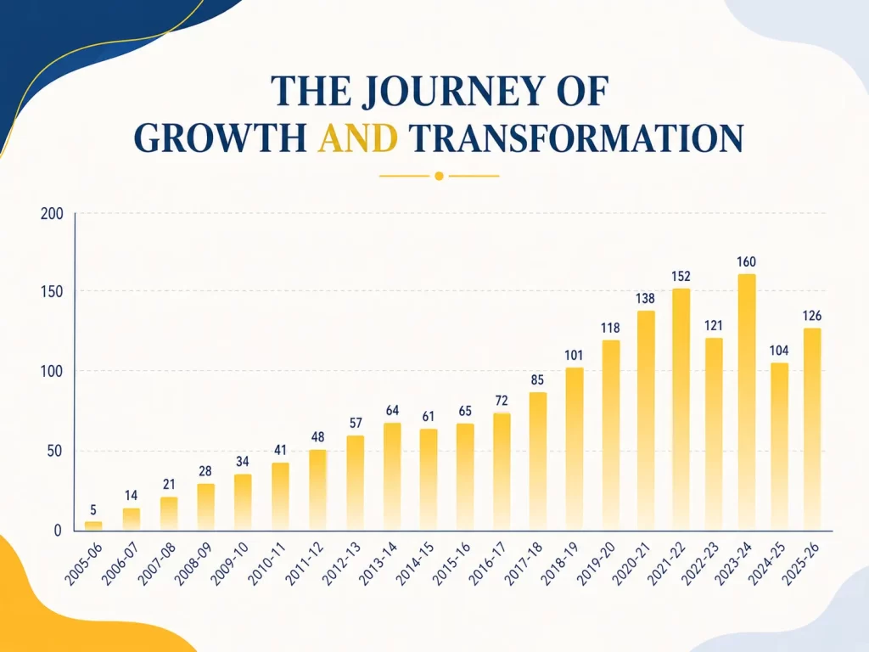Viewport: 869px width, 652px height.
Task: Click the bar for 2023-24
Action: pyautogui.click(x=747, y=402)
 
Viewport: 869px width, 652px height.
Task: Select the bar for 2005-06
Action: pyautogui.click(x=93, y=526)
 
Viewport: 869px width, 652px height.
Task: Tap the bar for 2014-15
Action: pyautogui.click(x=429, y=480)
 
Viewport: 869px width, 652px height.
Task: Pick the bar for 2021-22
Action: pyautogui.click(x=681, y=409)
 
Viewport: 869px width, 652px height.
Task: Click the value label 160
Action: pyautogui.click(x=746, y=261)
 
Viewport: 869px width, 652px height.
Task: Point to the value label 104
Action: pyautogui.click(x=779, y=351)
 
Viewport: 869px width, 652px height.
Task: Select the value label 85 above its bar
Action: pyautogui.click(x=537, y=379)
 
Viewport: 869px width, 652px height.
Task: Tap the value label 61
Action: pyautogui.click(x=428, y=416)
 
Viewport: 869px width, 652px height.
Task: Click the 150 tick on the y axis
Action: pyautogui.click(x=52, y=292)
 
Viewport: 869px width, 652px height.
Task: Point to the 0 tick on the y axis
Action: pyautogui.click(x=58, y=531)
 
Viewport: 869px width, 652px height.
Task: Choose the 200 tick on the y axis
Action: pyautogui.click(x=52, y=214)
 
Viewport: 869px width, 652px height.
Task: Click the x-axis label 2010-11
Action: pyautogui.click(x=266, y=564)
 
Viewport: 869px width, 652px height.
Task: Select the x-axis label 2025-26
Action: pyautogui.click(x=801, y=564)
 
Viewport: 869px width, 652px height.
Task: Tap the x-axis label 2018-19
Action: pyautogui.click(x=560, y=564)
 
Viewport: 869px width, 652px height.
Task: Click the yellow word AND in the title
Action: pyautogui.click(x=358, y=138)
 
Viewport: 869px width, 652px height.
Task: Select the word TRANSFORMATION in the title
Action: pyautogui.click(x=576, y=138)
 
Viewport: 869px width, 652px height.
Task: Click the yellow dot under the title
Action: pyautogui.click(x=439, y=177)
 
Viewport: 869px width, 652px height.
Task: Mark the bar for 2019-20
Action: pyautogui.click(x=610, y=436)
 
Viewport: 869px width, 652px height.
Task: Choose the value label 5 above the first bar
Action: pyautogui.click(x=93, y=510)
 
